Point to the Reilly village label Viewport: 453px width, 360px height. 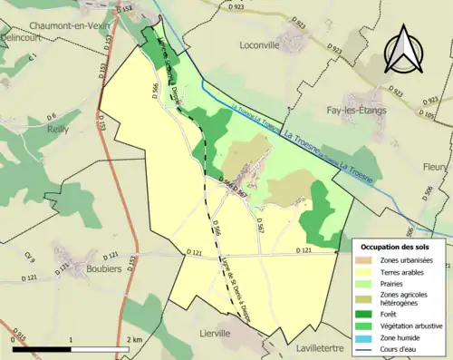[58, 131]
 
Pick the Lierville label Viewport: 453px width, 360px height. [221, 333]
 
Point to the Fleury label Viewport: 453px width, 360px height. [437, 167]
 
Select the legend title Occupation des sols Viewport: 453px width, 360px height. [394, 246]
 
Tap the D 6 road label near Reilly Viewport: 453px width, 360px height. [52, 115]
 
